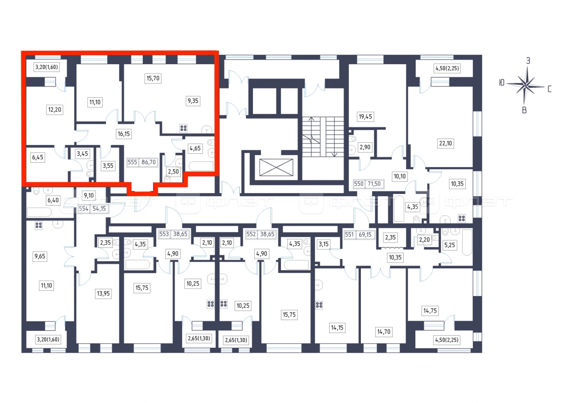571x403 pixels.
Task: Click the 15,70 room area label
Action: click(153, 78)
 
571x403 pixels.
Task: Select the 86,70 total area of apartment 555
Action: click(149, 162)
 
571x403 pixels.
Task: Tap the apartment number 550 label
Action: click(359, 184)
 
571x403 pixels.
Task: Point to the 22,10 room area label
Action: click(445, 144)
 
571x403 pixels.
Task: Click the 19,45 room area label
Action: click(365, 117)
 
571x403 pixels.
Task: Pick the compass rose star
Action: click(525, 86)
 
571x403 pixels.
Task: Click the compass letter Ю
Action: click(502, 83)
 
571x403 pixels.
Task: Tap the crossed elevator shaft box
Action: click(276, 167)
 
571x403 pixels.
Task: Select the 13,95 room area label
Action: click(103, 293)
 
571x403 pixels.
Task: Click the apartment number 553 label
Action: click(164, 234)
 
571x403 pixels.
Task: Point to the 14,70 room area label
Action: click(384, 332)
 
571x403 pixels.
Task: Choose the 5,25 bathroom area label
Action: click(449, 245)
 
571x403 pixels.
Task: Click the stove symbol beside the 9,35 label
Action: click(183, 128)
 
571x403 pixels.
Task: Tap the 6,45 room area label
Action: click(38, 157)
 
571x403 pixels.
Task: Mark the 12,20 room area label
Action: click(54, 110)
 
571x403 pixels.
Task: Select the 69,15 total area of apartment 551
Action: click(365, 234)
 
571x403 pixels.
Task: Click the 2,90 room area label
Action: click(365, 147)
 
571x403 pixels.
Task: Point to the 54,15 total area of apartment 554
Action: click(99, 209)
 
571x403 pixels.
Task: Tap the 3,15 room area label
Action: click(323, 244)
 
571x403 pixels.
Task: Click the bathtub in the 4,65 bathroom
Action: click(201, 166)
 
